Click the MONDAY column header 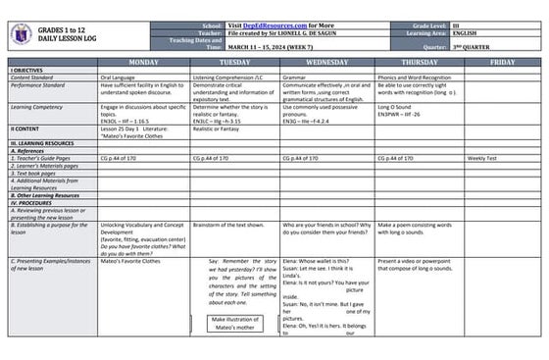[144, 62]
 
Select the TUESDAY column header [234, 62]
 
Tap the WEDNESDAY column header [325, 62]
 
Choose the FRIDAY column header [502, 62]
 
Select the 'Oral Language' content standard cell [121, 77]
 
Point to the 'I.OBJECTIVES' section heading [29, 70]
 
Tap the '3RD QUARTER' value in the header [499, 46]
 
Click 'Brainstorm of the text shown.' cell [229, 225]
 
